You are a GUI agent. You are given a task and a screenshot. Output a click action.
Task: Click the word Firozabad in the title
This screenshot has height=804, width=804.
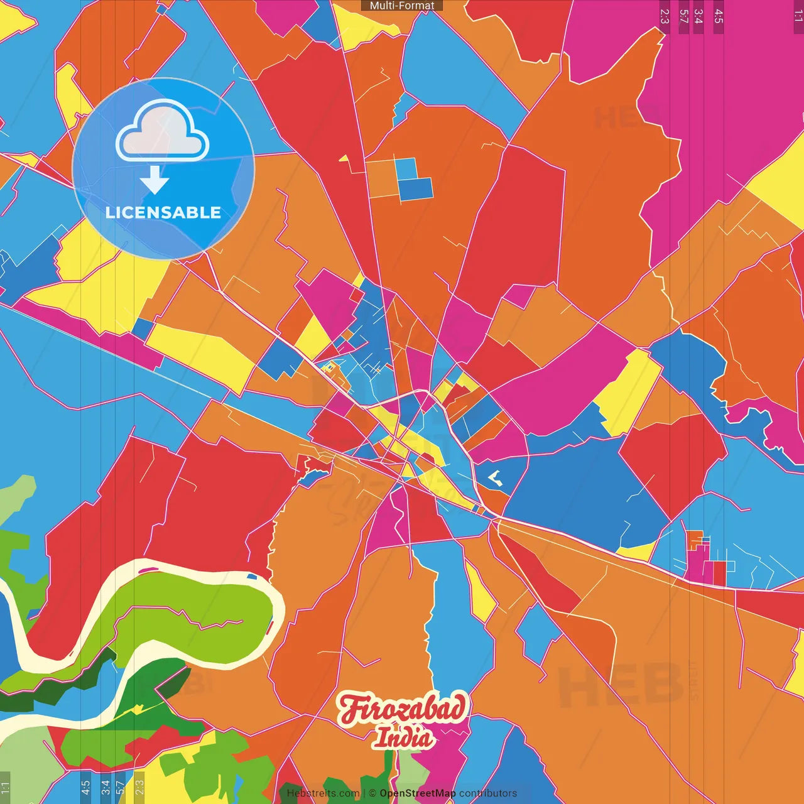point(403,709)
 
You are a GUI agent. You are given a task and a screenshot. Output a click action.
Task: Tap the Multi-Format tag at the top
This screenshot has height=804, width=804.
point(402,6)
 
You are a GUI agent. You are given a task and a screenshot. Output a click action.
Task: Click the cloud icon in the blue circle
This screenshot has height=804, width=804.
point(163,131)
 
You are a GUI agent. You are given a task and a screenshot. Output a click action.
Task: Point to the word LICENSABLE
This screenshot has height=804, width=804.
point(163,212)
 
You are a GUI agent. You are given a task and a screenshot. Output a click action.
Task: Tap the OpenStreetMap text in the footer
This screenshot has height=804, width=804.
point(417,793)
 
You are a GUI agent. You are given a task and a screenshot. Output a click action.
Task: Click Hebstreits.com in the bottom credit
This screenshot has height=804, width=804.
point(323,793)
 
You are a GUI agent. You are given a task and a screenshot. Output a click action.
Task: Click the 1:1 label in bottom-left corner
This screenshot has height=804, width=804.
point(5,787)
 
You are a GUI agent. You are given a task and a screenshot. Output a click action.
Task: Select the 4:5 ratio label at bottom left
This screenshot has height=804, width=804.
point(85,787)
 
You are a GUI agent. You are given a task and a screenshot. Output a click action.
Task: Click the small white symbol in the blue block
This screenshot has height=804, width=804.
point(495,479)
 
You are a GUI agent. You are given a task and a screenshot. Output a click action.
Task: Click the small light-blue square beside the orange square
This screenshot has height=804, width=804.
point(406,168)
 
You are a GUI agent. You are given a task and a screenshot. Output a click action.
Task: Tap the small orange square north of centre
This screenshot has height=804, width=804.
point(382,180)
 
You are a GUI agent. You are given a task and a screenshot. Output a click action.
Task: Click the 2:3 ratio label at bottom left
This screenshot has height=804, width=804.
point(139,787)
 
